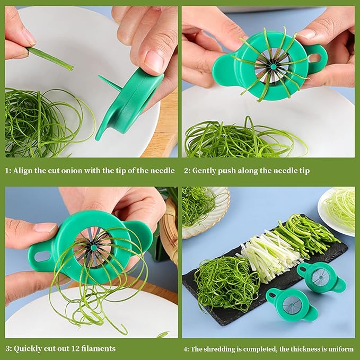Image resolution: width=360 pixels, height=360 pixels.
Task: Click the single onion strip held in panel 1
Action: point(50,58)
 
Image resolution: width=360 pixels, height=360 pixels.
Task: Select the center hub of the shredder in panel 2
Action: point(272,67)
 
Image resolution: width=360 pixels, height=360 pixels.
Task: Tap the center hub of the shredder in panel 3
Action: point(94,247)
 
